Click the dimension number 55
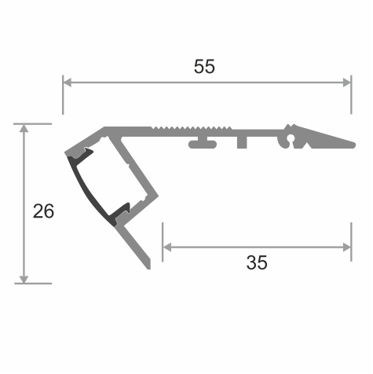pos(204,66)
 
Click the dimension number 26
pos(43,211)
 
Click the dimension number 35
pos(257,262)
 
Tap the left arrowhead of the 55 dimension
pos(68,82)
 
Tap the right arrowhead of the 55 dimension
pos(347,82)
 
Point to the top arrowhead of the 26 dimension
pos(24,128)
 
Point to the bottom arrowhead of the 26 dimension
pos(24,279)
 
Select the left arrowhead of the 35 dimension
pos(167,247)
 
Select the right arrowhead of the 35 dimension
pos(347,247)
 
